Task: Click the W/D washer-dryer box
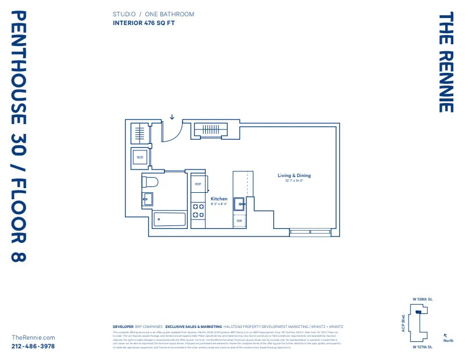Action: (x=140, y=157)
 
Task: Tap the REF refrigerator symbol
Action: (x=198, y=184)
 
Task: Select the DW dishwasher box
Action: (x=239, y=221)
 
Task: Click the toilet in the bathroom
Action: (x=150, y=181)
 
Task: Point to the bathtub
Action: (x=169, y=220)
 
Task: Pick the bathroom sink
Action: (x=148, y=199)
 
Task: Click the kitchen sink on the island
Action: (x=239, y=203)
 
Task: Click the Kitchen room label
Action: (x=219, y=199)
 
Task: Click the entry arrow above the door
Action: (x=172, y=117)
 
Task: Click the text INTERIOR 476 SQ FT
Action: (x=144, y=23)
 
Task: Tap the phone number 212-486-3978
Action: (x=33, y=346)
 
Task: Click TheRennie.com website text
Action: (x=33, y=337)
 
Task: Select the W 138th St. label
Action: (x=423, y=299)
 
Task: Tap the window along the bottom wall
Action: (x=310, y=232)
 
